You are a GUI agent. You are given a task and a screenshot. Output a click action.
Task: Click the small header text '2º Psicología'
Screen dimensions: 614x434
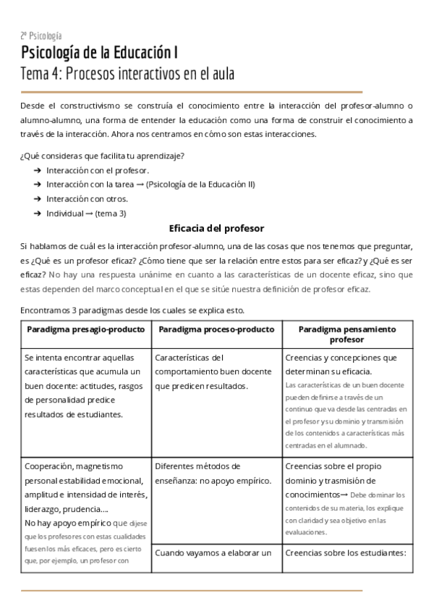tap(41, 35)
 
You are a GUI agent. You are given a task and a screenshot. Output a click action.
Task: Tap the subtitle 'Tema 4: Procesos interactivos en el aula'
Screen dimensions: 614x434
tap(128, 74)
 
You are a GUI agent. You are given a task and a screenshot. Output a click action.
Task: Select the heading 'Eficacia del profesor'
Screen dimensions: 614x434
tap(216, 228)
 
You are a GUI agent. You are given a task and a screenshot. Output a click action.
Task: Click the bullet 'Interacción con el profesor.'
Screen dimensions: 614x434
tap(98, 170)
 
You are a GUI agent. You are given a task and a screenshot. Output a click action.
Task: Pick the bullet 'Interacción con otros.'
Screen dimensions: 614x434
tap(87, 198)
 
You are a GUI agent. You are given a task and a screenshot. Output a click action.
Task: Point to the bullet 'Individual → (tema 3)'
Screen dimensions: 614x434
tap(86, 213)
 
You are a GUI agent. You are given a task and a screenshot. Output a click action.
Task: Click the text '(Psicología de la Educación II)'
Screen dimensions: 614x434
tap(200, 185)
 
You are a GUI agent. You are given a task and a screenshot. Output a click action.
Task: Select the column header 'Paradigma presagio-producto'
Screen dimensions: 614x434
tap(85, 329)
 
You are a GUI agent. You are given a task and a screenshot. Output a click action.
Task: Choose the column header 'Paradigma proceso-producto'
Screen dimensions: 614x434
tap(216, 329)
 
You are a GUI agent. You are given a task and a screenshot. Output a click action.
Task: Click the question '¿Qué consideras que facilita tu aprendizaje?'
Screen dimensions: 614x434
tap(101, 156)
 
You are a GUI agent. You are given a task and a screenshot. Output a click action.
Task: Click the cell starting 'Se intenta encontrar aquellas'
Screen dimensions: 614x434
tap(83, 386)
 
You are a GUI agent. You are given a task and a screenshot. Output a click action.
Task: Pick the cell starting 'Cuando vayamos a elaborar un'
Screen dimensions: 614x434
tap(213, 554)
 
